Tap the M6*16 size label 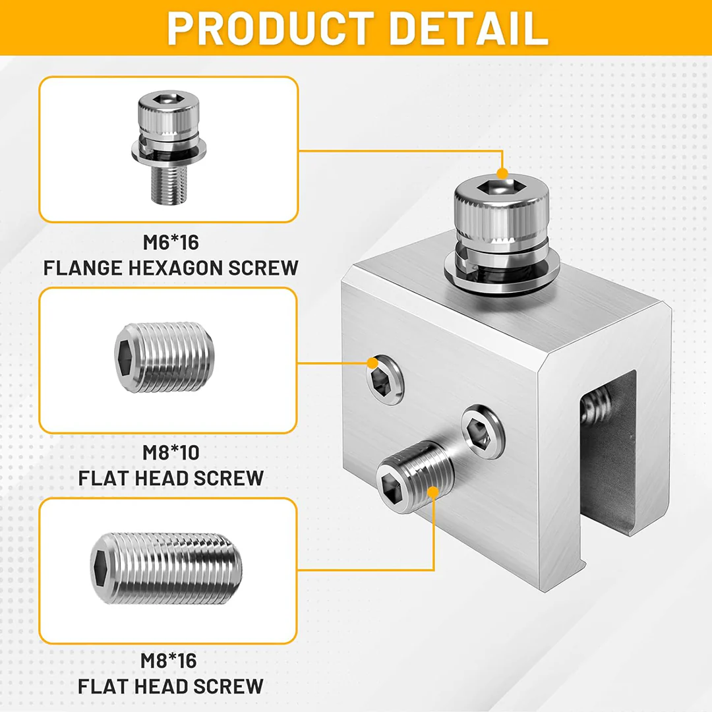[x=171, y=243]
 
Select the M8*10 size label [x=171, y=453]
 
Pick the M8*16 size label [x=170, y=661]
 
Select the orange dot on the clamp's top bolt [x=502, y=174]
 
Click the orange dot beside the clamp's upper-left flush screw [x=373, y=363]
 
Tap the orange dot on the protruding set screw [x=433, y=492]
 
